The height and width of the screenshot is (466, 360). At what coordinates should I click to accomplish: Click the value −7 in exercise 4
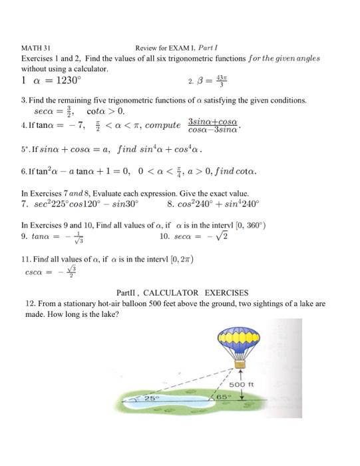pyautogui.click(x=65, y=124)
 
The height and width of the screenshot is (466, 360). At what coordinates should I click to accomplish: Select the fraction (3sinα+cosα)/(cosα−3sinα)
pyautogui.click(x=213, y=124)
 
